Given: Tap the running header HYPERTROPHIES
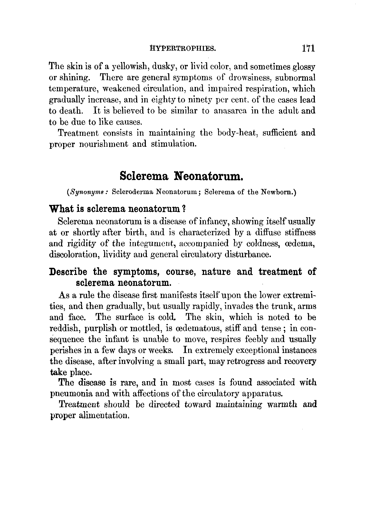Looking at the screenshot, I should coord(183,48).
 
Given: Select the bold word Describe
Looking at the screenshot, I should coord(68,272).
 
